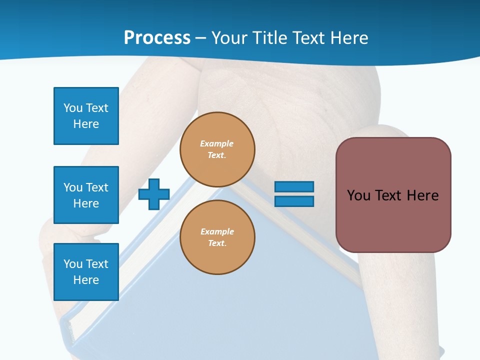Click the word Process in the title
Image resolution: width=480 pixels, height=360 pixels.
click(157, 38)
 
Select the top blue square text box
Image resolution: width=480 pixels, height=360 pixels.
click(86, 116)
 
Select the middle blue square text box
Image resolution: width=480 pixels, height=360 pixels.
click(86, 195)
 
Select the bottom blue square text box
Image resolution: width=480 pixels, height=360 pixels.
click(86, 272)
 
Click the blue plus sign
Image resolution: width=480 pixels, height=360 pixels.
click(154, 194)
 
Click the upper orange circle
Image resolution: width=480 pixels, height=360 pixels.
click(217, 149)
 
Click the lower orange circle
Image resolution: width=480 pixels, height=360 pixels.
click(217, 237)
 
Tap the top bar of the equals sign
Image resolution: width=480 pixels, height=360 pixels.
click(294, 187)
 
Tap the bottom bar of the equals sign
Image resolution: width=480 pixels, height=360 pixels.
click(294, 201)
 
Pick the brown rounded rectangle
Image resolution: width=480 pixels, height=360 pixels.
click(393, 220)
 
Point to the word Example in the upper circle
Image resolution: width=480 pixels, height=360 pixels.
click(217, 143)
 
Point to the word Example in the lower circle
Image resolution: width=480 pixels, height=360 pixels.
click(217, 231)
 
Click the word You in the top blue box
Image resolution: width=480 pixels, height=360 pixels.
click(73, 108)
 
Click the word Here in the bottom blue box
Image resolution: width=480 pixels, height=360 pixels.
click(86, 280)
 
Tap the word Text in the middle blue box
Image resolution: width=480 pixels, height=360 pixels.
click(97, 187)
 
